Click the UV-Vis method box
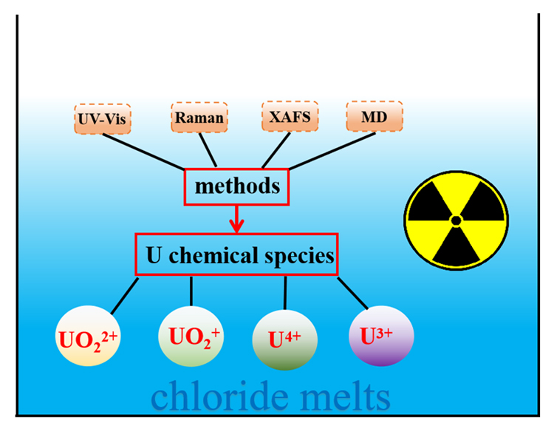pos(103,119)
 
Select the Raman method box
pos(199,118)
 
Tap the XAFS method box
pos(290,116)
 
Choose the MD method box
pos(375,116)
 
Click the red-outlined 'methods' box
pos(236,187)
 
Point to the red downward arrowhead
pos(236,226)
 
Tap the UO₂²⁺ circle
pos(88,336)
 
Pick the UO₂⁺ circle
pos(191,336)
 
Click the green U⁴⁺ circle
pos(285,340)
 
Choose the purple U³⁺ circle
pos(381,336)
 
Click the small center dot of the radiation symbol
pos(456,221)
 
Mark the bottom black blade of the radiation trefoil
pos(456,247)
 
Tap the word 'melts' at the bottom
pos(345,396)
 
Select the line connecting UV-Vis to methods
pos(143,152)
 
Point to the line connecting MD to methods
pos(332,151)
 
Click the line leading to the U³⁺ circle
pos(352,294)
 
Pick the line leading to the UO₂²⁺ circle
pos(125,296)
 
